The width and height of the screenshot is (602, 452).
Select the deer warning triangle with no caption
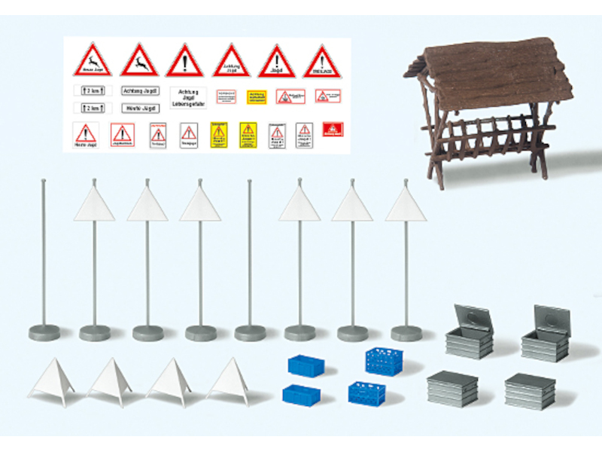pyautogui.click(x=139, y=60)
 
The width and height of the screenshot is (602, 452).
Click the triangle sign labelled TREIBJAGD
pyautogui.click(x=322, y=62)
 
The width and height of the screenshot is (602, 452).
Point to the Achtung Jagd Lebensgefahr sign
pyautogui.click(x=188, y=97)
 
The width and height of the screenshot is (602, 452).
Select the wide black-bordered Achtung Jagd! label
pyautogui.click(x=140, y=90)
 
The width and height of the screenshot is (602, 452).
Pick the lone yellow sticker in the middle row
pyautogui.click(x=257, y=96)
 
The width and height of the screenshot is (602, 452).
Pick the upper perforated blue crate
pyautogui.click(x=385, y=360)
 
